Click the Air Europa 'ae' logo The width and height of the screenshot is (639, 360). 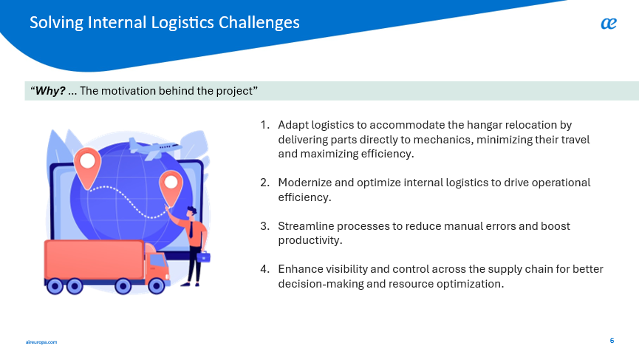[x=609, y=24]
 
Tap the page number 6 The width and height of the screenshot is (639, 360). [x=612, y=341]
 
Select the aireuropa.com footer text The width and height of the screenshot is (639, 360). [x=41, y=342]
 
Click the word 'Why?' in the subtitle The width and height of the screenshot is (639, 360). [x=50, y=90]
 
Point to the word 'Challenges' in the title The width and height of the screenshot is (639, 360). [x=259, y=22]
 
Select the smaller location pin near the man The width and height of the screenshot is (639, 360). [x=171, y=189]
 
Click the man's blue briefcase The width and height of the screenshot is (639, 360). [x=203, y=257]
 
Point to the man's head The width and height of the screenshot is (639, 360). [x=191, y=212]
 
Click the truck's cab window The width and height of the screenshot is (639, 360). [x=157, y=260]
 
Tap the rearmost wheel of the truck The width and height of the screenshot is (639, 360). [x=55, y=286]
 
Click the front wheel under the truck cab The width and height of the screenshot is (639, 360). [x=156, y=286]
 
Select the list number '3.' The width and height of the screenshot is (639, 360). [x=265, y=226]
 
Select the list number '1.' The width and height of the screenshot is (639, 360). [x=265, y=125]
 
